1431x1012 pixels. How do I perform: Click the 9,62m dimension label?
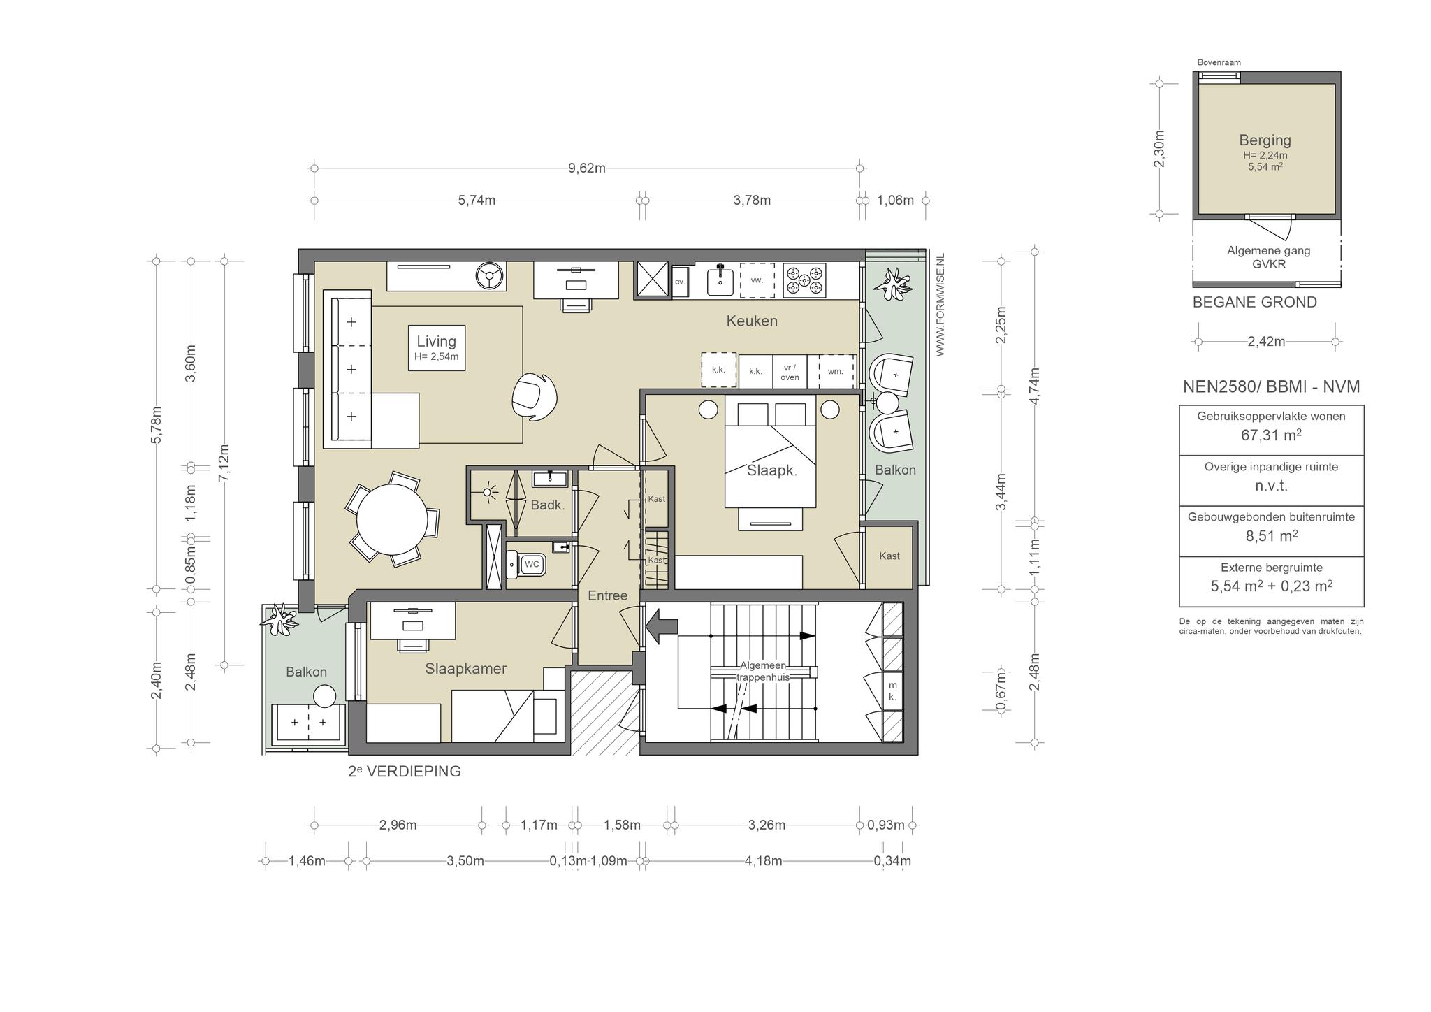pos(586,168)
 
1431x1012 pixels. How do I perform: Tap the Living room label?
pos(436,341)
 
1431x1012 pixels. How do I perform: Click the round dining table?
pos(392,520)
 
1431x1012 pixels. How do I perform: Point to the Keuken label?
pos(752,321)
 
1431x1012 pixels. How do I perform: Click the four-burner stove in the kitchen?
pos(804,280)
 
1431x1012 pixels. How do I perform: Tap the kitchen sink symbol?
pos(720,281)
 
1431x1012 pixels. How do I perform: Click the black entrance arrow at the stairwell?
pos(661,626)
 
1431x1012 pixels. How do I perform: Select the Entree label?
pos(607,595)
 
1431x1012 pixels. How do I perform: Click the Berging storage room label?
pos(1265,140)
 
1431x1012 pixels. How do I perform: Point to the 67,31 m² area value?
pos(1271,435)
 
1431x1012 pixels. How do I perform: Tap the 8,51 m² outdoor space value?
pos(1271,536)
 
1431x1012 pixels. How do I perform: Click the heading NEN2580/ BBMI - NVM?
pos(1271,386)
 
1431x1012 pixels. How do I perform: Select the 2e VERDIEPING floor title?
pos(405,772)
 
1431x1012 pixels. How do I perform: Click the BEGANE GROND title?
pos(1254,303)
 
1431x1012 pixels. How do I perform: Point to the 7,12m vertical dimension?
pos(224,463)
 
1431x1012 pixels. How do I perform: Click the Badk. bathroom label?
pos(547,505)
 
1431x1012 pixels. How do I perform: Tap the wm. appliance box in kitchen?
pos(836,371)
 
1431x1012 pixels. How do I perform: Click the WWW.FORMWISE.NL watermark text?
pos(940,305)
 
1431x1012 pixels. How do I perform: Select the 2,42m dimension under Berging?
pos(1266,342)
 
